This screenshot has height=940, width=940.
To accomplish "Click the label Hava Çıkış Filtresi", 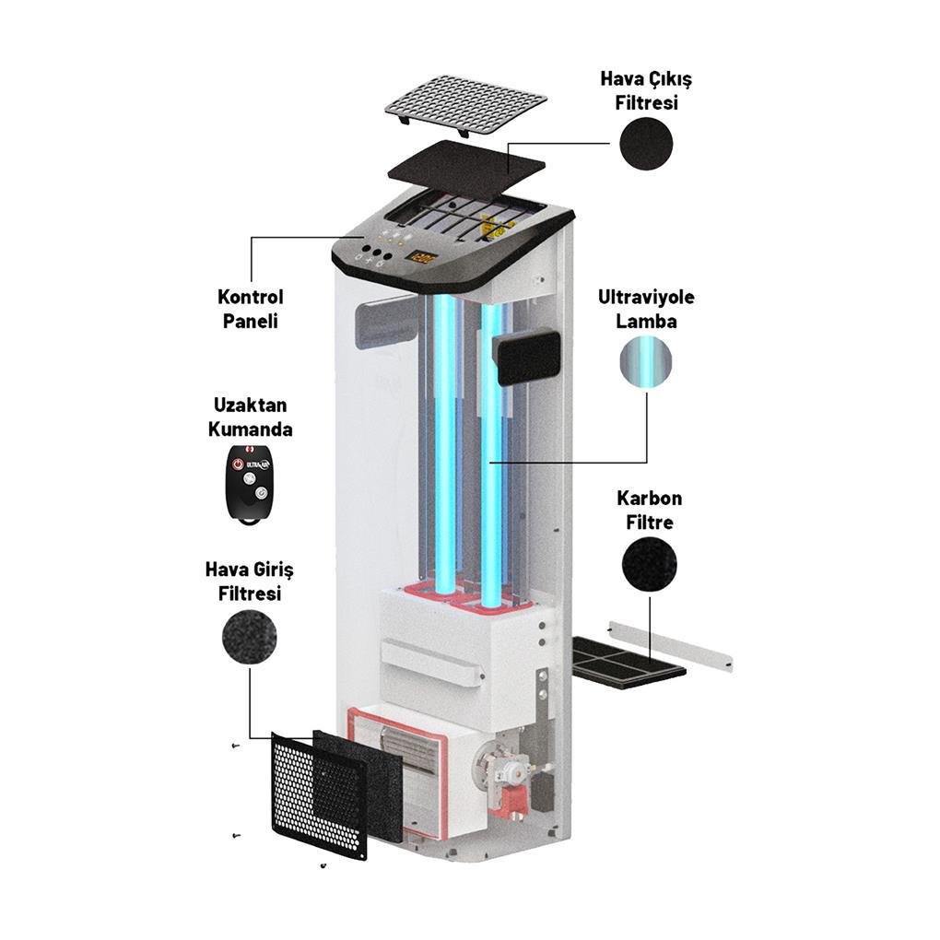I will pyautogui.click(x=646, y=90).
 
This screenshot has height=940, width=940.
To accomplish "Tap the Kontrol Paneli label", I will pyautogui.click(x=250, y=309).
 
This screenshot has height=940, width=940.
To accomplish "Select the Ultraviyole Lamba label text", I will pyautogui.click(x=646, y=310).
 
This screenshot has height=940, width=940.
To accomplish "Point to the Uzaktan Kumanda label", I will pyautogui.click(x=250, y=417).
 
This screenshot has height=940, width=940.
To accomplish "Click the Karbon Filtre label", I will pyautogui.click(x=649, y=510).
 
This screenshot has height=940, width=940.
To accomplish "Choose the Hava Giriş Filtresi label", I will pyautogui.click(x=249, y=582).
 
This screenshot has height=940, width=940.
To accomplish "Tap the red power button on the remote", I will pyautogui.click(x=238, y=463).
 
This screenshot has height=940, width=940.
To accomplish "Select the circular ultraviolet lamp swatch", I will pyautogui.click(x=646, y=360).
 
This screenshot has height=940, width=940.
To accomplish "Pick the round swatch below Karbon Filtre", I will pyautogui.click(x=649, y=563).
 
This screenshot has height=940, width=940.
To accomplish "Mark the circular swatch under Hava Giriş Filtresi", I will pyautogui.click(x=249, y=636).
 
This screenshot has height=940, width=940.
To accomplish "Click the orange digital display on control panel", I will pyautogui.click(x=421, y=259).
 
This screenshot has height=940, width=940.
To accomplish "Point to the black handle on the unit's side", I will pyautogui.click(x=526, y=358).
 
